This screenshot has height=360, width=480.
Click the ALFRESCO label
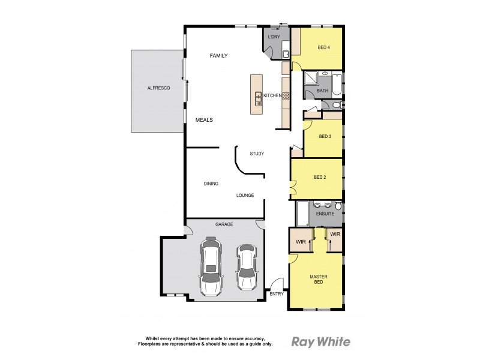point(159,88)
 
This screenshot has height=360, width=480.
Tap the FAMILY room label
point(218,56)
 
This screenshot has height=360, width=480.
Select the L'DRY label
point(274,37)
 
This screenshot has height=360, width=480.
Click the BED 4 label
point(323,48)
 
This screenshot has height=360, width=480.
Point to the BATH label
point(323,91)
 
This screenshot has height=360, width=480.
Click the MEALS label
point(204,120)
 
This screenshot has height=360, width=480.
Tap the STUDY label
point(257,154)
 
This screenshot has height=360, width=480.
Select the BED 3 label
point(325,136)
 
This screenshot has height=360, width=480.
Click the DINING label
point(211,184)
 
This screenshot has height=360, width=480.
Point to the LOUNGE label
point(245,195)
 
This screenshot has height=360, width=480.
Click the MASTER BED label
point(318,280)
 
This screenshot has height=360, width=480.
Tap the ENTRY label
point(277,294)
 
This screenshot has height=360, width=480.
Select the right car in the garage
point(246,267)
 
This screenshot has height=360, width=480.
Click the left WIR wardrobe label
point(299,242)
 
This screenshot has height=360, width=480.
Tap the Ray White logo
point(321,342)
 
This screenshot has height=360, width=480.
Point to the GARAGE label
point(224,224)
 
